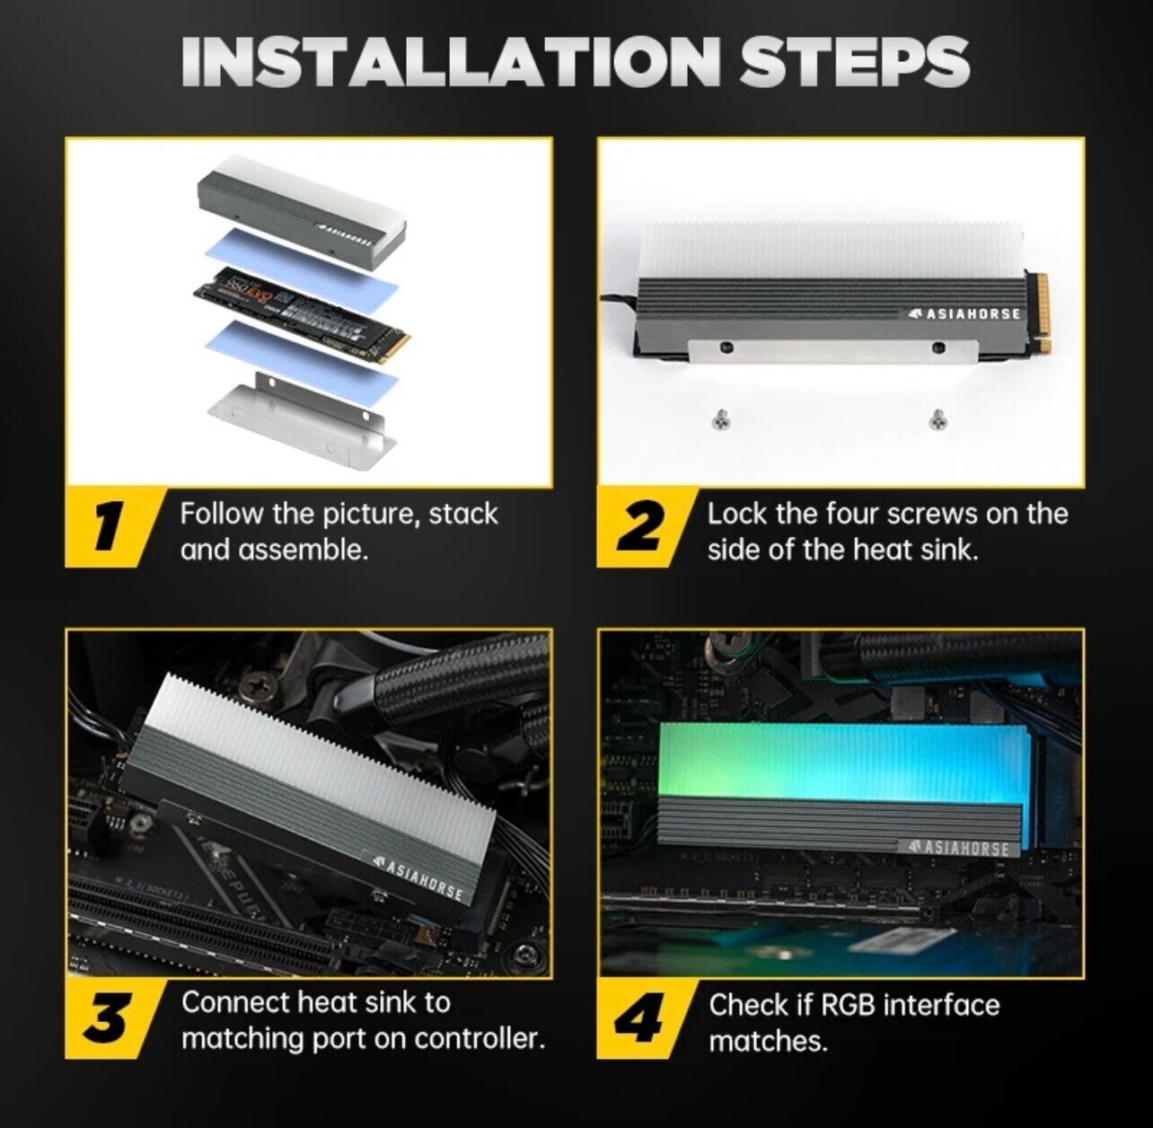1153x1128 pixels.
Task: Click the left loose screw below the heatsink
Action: point(719,418)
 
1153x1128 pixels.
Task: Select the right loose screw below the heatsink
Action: point(937,418)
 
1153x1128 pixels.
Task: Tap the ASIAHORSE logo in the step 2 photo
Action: point(964,313)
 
